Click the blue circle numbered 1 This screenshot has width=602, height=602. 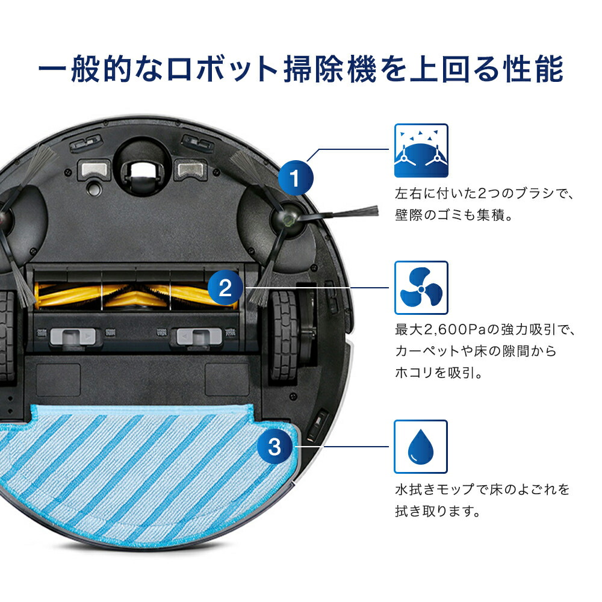[296, 179]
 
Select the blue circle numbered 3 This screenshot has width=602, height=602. [274, 447]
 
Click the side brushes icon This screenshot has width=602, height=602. [421, 150]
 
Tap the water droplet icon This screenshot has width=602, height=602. [421, 447]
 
